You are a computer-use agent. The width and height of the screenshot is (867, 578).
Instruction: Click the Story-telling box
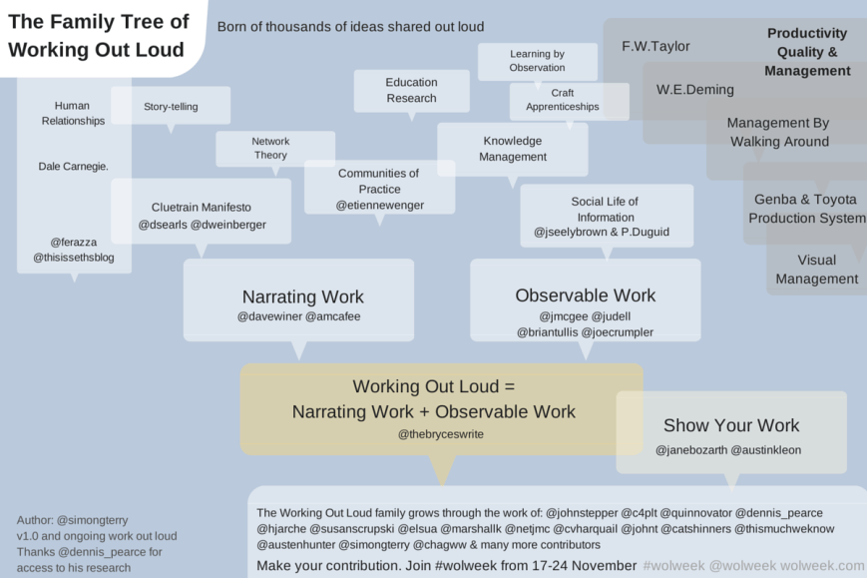pyautogui.click(x=171, y=106)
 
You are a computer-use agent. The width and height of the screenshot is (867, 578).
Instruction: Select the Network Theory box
pyautogui.click(x=269, y=149)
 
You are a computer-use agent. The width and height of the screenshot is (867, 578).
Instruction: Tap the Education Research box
pyautogui.click(x=411, y=90)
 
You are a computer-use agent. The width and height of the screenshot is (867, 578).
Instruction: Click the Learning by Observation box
pyautogui.click(x=537, y=61)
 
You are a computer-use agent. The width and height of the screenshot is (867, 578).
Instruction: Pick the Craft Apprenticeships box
pyautogui.click(x=569, y=100)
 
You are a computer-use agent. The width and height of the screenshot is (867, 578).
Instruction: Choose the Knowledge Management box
pyautogui.click(x=513, y=149)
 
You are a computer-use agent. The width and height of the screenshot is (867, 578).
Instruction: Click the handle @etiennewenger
pyautogui.click(x=379, y=205)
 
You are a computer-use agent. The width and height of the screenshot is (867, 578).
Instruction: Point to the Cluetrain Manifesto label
pyautogui.click(x=202, y=207)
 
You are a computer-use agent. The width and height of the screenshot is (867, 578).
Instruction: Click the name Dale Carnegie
pyautogui.click(x=73, y=166)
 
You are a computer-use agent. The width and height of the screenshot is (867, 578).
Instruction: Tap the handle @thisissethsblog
pyautogui.click(x=74, y=258)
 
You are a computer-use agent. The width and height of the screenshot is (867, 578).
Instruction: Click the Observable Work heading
pyautogui.click(x=586, y=295)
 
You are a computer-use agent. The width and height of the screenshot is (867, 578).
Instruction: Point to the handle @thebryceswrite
pyautogui.click(x=440, y=434)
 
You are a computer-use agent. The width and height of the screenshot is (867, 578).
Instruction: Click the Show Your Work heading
pyautogui.click(x=731, y=425)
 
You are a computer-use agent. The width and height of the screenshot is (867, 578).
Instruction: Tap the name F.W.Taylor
pyautogui.click(x=655, y=46)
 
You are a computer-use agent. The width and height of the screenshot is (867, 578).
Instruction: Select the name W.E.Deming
pyautogui.click(x=694, y=89)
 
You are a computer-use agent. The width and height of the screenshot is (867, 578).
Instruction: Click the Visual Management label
pyautogui.click(x=816, y=270)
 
